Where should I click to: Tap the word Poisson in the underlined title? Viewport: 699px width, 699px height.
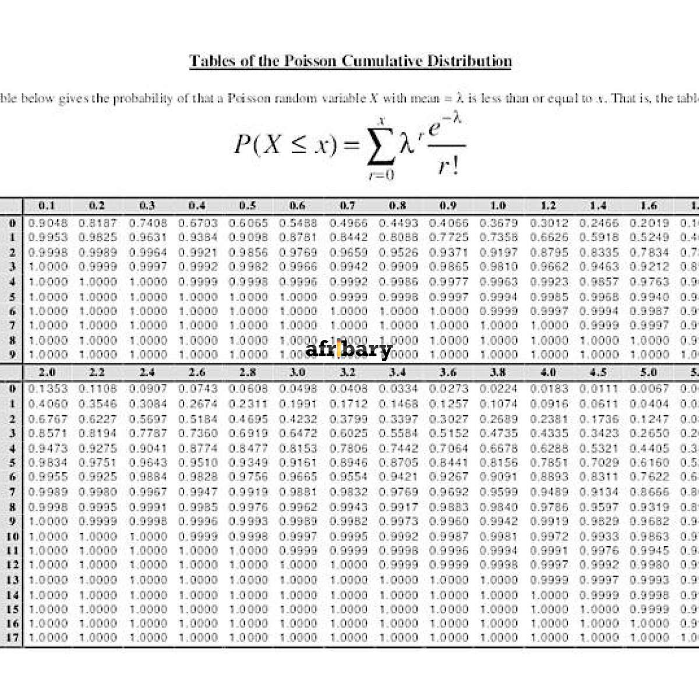311,61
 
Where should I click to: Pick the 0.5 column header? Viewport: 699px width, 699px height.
248,206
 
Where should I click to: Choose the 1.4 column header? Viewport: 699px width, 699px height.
598,206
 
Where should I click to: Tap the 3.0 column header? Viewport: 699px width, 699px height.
298,372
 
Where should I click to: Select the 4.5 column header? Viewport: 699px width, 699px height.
598,372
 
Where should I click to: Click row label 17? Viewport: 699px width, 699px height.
13,637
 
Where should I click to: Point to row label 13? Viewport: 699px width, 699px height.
13,580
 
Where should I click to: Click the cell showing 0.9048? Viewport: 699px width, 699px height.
48,223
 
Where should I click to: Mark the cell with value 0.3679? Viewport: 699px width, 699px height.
498,223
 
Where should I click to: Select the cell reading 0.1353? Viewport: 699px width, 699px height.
48,389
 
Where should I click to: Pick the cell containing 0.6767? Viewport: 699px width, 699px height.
48,419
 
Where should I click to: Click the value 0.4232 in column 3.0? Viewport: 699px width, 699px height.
298,419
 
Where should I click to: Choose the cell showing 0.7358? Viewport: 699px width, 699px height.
498,237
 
